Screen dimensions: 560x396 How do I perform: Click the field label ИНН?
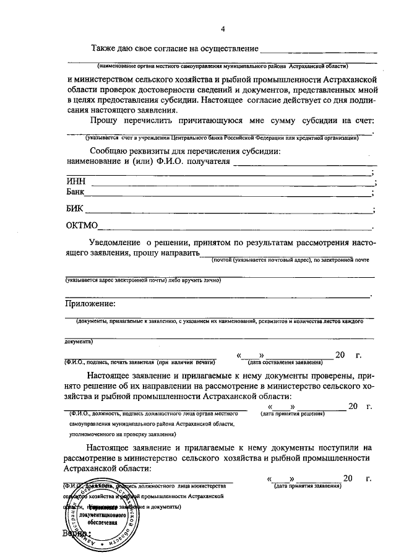75,181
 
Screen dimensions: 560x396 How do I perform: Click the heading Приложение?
90,303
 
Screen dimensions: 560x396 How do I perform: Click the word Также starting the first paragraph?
106,48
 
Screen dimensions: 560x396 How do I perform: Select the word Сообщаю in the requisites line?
111,151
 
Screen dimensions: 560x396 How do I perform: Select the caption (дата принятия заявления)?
307,486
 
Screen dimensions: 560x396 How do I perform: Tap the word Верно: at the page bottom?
77,533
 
